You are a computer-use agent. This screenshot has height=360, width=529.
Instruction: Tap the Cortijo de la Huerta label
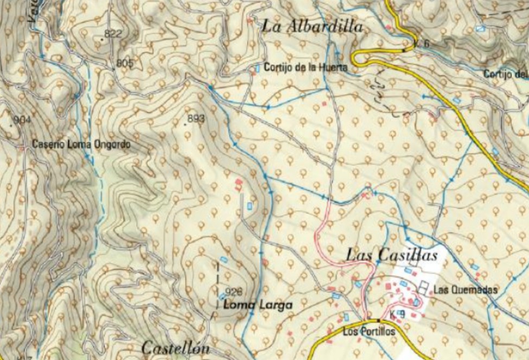(305, 68)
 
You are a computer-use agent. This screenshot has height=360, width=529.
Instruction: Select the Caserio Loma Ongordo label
(81, 145)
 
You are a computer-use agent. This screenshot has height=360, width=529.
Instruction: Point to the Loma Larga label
(258, 305)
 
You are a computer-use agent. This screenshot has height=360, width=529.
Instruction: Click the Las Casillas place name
(391, 255)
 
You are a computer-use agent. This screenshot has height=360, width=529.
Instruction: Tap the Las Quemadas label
(465, 290)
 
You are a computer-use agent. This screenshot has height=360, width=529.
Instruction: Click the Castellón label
(175, 348)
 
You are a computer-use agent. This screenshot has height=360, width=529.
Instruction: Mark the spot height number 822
(113, 34)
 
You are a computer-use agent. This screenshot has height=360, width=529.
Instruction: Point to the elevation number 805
(125, 63)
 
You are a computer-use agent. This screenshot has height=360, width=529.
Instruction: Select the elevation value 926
(232, 291)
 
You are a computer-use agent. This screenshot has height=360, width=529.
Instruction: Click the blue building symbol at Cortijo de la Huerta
(257, 68)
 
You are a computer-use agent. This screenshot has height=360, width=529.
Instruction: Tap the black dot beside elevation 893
(186, 124)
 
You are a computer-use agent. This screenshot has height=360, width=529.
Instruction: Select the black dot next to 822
(103, 39)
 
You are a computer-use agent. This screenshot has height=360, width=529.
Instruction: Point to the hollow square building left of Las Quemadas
(423, 288)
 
